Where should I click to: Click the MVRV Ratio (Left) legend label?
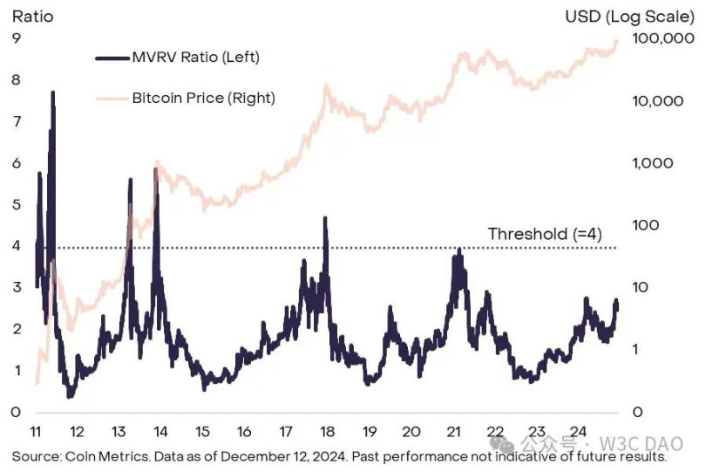(x=195, y=58)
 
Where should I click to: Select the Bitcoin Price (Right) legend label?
(x=203, y=98)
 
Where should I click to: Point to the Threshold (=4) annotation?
(x=545, y=234)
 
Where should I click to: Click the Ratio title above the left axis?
(x=30, y=16)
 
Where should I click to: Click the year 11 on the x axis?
(x=36, y=432)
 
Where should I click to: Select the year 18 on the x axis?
(x=328, y=432)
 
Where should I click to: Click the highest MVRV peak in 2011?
(x=53, y=92)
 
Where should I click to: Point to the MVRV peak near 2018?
(x=325, y=218)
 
